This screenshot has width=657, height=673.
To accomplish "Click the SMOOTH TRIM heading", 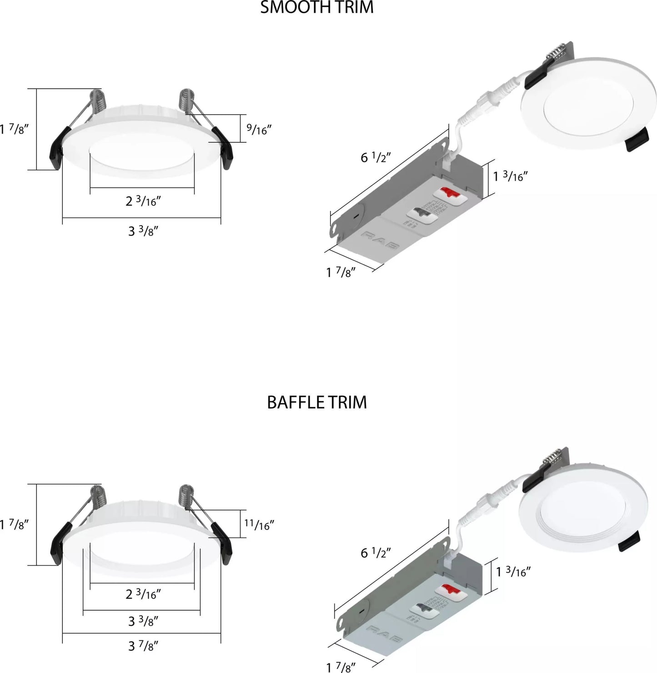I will click(x=316, y=8).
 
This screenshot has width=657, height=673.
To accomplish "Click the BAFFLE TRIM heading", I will click(x=316, y=402).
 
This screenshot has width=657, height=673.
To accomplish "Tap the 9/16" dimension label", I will click(x=259, y=129).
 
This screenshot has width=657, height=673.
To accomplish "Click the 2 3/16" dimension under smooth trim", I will click(x=143, y=201).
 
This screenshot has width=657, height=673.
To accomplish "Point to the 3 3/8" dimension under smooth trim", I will click(x=143, y=231).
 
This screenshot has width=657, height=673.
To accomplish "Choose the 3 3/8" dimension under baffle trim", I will click(x=143, y=621).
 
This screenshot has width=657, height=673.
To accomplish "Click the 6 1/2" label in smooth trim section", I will click(x=376, y=157).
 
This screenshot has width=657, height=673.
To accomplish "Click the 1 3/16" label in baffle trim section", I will click(x=513, y=571).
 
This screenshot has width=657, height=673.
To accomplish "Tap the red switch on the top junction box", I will click(x=447, y=193).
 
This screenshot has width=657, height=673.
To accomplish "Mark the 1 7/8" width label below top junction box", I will click(x=341, y=273).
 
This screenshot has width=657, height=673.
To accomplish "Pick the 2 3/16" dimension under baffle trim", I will click(x=143, y=594).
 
